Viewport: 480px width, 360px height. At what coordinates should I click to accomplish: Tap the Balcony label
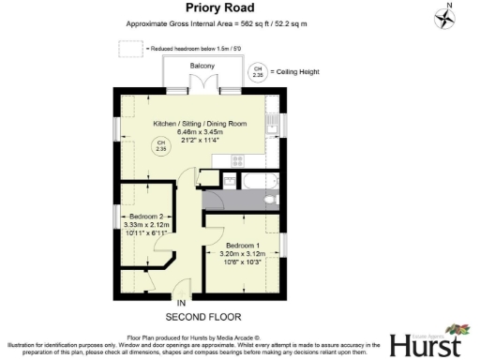point(202,66)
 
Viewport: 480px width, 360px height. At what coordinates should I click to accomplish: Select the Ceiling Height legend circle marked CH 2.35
point(257,70)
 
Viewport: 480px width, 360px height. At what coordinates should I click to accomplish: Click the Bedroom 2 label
point(146,217)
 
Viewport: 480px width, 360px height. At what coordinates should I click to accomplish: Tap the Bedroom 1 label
point(243,246)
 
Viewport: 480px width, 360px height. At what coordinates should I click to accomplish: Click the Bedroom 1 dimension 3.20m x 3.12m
point(243,254)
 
